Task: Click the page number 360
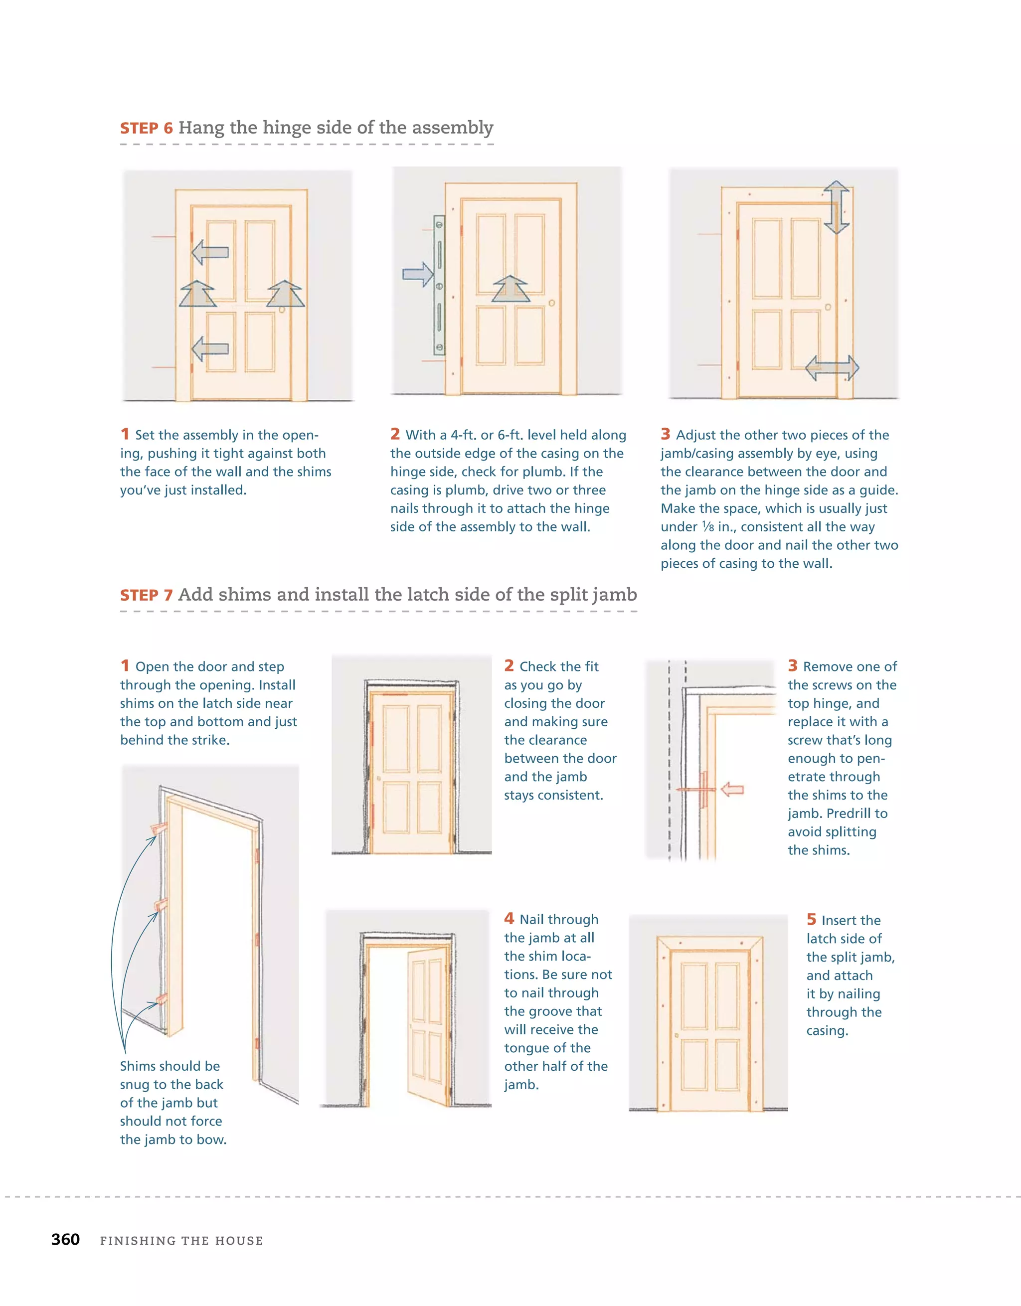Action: point(65,1240)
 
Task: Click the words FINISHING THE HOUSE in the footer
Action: point(181,1241)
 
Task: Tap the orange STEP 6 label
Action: point(147,128)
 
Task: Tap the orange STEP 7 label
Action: point(147,595)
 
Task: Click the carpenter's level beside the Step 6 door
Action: point(440,286)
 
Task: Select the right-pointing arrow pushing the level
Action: point(417,275)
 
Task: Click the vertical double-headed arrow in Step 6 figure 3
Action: point(836,207)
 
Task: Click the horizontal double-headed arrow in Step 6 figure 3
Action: point(832,368)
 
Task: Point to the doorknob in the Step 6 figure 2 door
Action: point(551,303)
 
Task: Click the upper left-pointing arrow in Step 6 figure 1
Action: point(210,252)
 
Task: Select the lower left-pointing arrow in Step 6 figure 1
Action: point(210,348)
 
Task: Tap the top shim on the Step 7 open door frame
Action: point(159,827)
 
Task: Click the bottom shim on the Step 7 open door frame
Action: point(161,998)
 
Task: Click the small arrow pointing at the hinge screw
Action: point(732,790)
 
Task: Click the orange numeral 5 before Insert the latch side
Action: point(811,919)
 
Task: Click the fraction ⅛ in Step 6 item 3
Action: point(707,527)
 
